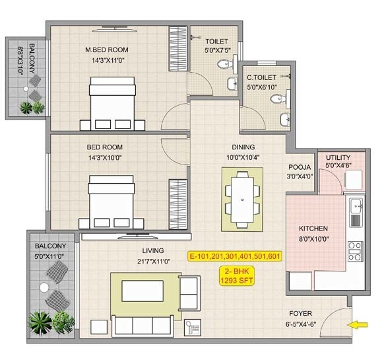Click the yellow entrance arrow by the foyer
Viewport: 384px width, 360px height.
pos(360,324)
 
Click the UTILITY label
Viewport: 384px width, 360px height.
pos(338,157)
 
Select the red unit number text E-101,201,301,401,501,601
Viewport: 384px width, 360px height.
pos(234,256)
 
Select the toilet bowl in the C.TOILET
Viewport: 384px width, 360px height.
pos(276,100)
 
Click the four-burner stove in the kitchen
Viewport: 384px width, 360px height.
pos(356,251)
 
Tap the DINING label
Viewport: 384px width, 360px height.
pos(242,147)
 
